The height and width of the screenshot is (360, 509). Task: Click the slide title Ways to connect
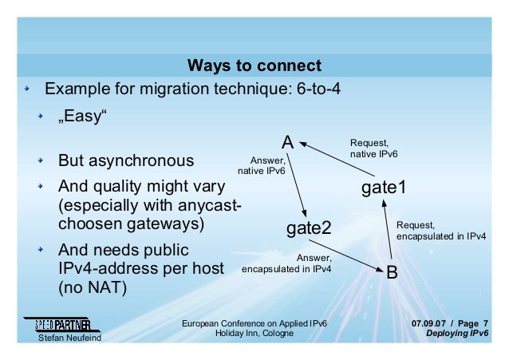(x=254, y=65)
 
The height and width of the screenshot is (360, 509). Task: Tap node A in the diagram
(x=290, y=143)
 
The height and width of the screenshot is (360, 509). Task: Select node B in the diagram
(x=392, y=272)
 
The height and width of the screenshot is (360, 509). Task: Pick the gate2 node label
(x=309, y=230)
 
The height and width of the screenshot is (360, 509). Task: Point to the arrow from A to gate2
(x=296, y=183)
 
